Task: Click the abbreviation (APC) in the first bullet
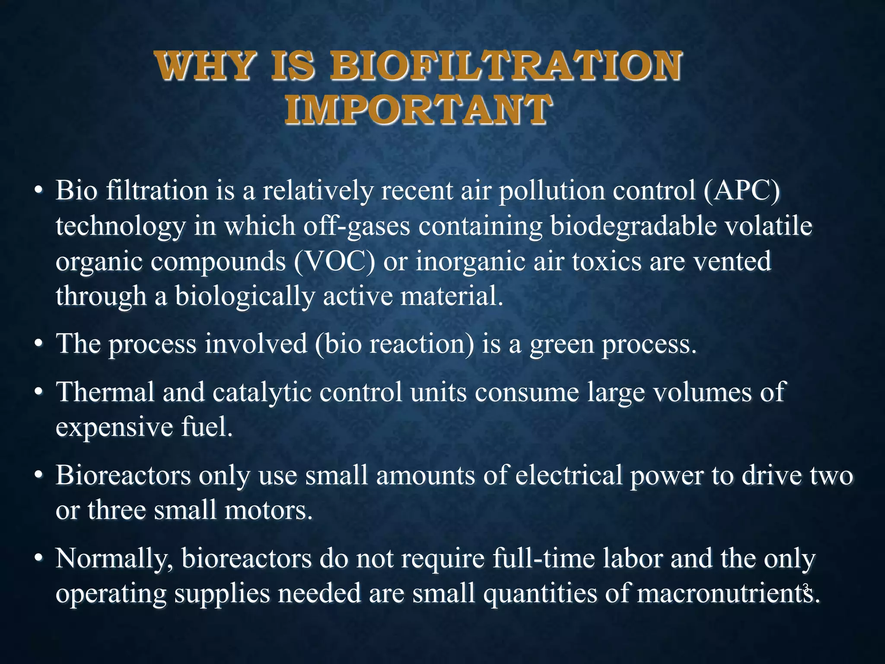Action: point(742,191)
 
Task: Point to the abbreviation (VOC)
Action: point(334,262)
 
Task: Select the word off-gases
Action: point(357,226)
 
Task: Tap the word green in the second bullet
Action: point(562,345)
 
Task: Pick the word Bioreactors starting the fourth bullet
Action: point(123,476)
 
